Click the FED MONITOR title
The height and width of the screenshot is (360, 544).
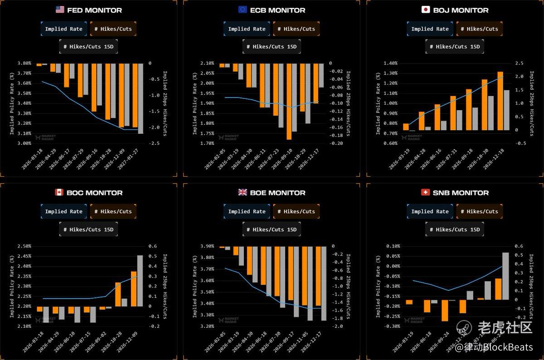(x=94, y=10)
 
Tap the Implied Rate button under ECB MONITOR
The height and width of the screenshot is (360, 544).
(x=247, y=29)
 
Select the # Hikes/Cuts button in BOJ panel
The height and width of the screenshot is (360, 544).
(x=480, y=29)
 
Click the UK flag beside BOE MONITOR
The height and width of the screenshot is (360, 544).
(x=243, y=192)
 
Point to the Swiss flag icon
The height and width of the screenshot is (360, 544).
(x=425, y=192)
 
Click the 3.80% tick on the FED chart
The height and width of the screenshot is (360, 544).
(x=24, y=63)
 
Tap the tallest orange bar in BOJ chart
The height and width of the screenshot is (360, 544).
(x=500, y=101)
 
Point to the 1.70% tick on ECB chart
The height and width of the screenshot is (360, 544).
(x=207, y=143)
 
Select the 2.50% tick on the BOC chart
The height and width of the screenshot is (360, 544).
(x=24, y=246)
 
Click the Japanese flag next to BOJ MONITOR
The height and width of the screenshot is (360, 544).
(x=425, y=10)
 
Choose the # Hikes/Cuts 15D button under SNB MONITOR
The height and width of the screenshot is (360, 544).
(x=454, y=229)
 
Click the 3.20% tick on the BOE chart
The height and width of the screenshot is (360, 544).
(x=207, y=326)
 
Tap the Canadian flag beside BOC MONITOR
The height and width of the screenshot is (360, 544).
(x=59, y=192)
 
